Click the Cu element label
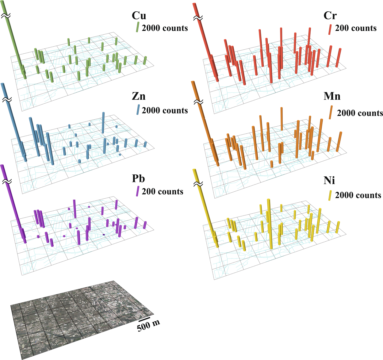point(139,15)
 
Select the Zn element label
point(138,96)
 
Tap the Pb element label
point(138,178)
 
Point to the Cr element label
point(330,15)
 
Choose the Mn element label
point(332,96)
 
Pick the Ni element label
point(329,181)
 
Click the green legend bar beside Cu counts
point(137,27)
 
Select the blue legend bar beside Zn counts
point(138,110)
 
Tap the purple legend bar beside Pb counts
point(137,191)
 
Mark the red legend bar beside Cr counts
point(330,29)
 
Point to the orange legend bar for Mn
point(331,112)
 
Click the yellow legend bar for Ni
point(330,195)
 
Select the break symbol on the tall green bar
point(6,16)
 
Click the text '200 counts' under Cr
point(355,28)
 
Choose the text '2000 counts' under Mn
point(360,113)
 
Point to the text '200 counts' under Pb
point(162,192)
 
